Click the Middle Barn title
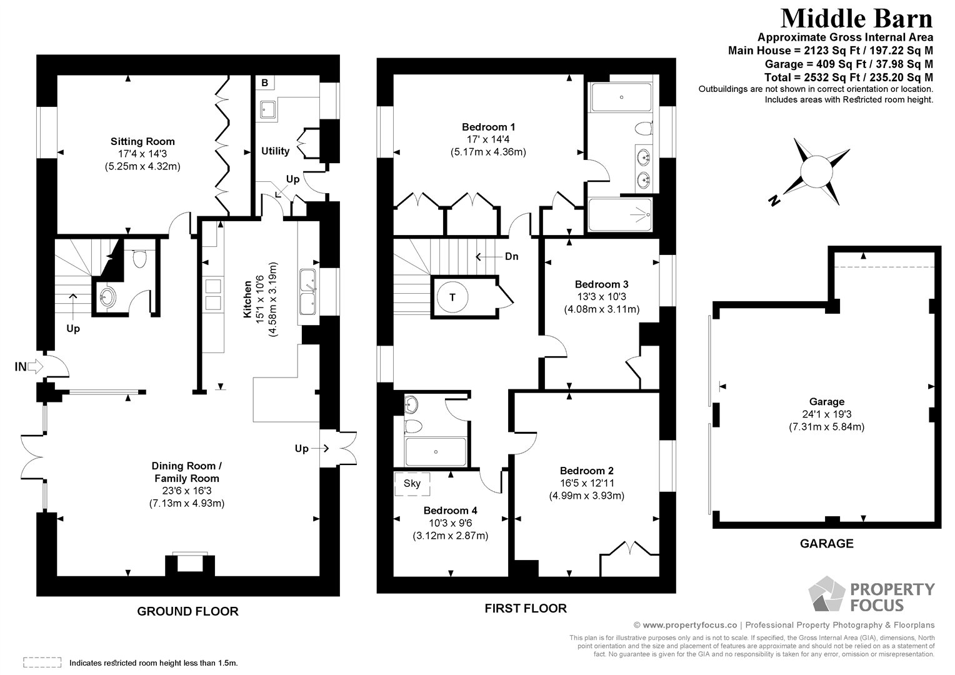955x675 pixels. click(x=856, y=18)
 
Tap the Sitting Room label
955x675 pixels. click(x=142, y=141)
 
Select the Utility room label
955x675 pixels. click(x=275, y=151)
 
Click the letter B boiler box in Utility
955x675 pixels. click(x=264, y=83)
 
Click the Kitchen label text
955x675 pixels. click(x=248, y=298)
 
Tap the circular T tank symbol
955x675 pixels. click(x=453, y=296)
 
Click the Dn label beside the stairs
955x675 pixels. click(x=511, y=256)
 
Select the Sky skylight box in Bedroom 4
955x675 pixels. click(x=411, y=483)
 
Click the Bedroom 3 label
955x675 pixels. click(x=601, y=284)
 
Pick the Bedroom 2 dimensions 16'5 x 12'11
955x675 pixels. click(x=586, y=483)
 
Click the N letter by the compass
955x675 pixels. click(x=774, y=201)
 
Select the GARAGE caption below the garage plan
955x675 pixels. click(x=826, y=544)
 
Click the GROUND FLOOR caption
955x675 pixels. click(x=187, y=611)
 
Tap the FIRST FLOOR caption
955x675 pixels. click(x=526, y=608)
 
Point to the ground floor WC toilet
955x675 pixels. click(x=139, y=257)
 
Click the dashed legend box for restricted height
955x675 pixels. click(x=42, y=662)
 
